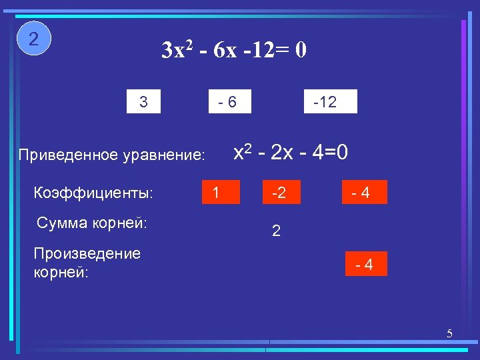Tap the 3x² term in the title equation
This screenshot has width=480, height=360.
coord(177,51)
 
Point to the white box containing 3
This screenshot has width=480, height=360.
coord(144,102)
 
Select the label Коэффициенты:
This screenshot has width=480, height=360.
coord(93,193)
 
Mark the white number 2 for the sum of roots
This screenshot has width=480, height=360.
coord(276,232)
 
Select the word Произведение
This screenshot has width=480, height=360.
coord(87,254)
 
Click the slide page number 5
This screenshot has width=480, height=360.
coord(449,333)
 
